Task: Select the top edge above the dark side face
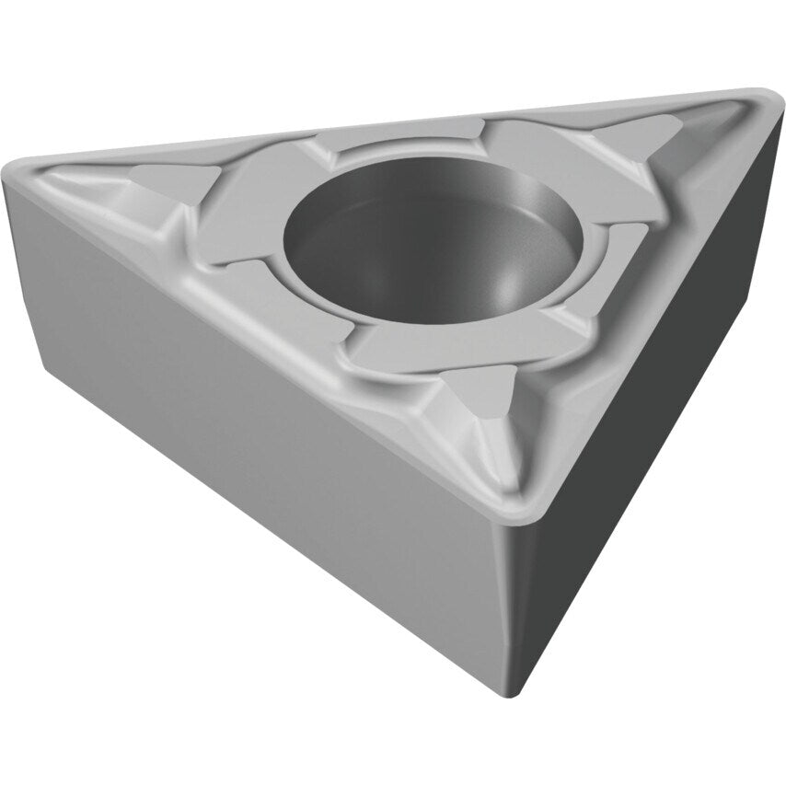(x=663, y=304)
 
